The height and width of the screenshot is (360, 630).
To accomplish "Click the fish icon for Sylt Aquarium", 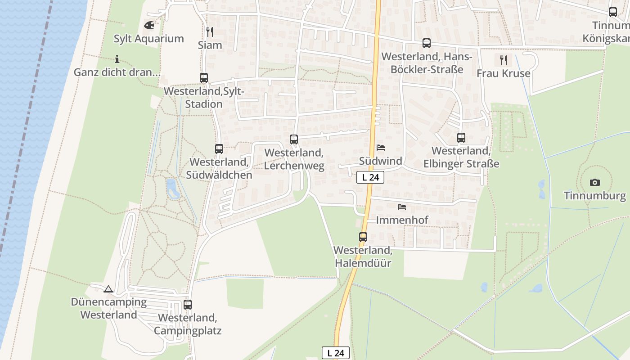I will pyautogui.click(x=149, y=25).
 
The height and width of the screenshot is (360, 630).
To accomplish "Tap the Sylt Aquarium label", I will pyautogui.click(x=148, y=39).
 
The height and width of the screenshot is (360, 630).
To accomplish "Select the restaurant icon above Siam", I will pyautogui.click(x=209, y=31).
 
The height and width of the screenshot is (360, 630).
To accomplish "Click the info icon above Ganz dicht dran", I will pyautogui.click(x=117, y=59).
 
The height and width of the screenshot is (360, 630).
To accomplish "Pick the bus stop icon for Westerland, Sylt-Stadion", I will pyautogui.click(x=204, y=78).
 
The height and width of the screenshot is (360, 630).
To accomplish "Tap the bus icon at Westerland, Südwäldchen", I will pyautogui.click(x=219, y=149).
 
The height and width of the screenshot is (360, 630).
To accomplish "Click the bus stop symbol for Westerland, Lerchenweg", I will pyautogui.click(x=294, y=139).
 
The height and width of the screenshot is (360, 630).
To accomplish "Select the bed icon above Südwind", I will pyautogui.click(x=381, y=148).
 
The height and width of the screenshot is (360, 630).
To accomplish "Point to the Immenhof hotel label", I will pyautogui.click(x=402, y=220).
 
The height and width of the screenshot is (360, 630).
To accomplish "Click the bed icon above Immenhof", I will pyautogui.click(x=402, y=207).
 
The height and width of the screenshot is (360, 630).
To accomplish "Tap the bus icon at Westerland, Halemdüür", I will pyautogui.click(x=363, y=237).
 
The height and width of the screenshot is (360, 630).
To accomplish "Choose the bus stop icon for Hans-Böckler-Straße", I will pyautogui.click(x=427, y=43).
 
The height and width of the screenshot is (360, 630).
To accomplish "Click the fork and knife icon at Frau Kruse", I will pyautogui.click(x=504, y=59).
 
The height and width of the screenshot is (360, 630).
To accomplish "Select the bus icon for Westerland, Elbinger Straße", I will pyautogui.click(x=461, y=138).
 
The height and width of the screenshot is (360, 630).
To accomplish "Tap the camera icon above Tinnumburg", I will pyautogui.click(x=595, y=182).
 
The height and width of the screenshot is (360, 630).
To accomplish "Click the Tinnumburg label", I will pyautogui.click(x=595, y=196).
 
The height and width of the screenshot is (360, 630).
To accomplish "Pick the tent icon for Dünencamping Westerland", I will pyautogui.click(x=108, y=289).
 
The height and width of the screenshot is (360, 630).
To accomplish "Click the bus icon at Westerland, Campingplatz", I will pyautogui.click(x=188, y=305).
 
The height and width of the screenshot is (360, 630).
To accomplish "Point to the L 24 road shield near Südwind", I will pyautogui.click(x=370, y=177).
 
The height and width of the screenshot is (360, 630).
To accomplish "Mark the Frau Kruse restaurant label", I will pyautogui.click(x=504, y=73).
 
